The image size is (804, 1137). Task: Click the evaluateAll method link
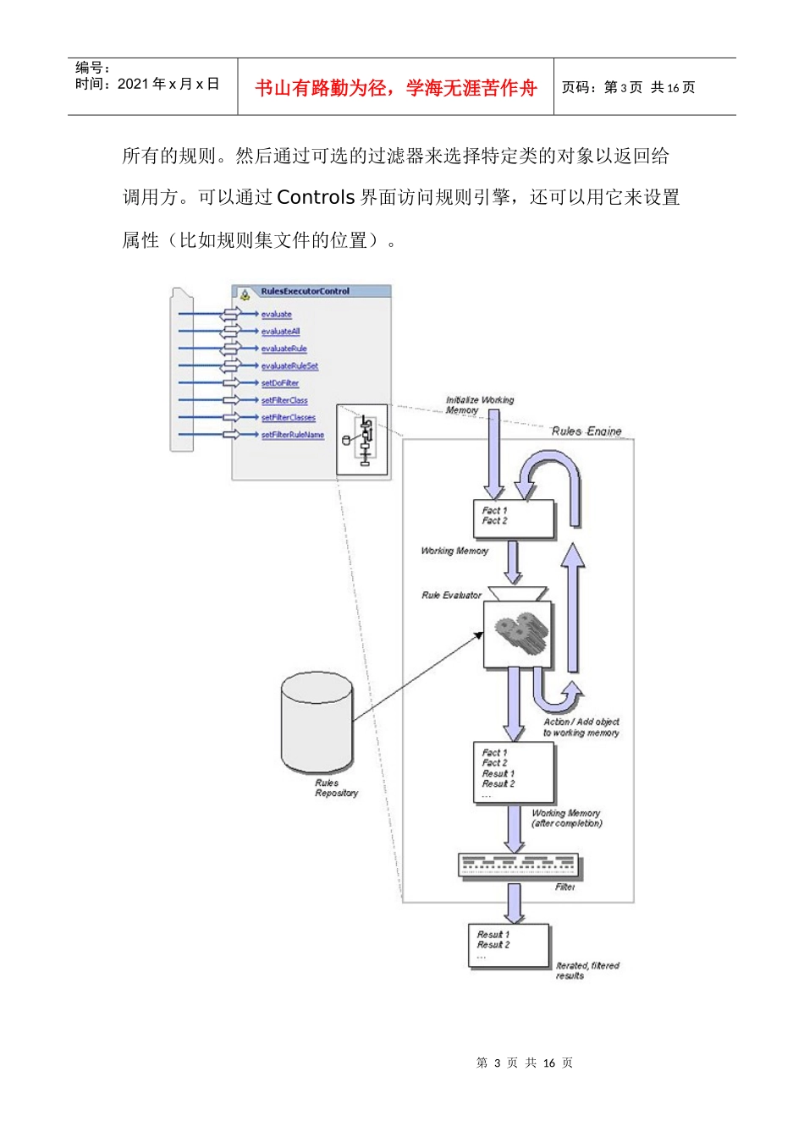tap(280, 332)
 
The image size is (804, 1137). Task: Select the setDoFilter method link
tap(279, 383)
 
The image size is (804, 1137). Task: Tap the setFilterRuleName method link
tap(292, 435)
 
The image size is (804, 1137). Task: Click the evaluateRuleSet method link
tap(289, 366)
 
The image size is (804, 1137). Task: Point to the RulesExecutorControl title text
tap(305, 292)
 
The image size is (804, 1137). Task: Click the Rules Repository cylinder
tap(317, 723)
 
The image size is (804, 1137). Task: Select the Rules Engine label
tap(586, 431)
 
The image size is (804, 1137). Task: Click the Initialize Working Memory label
tap(479, 405)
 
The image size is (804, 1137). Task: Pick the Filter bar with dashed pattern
tap(519, 865)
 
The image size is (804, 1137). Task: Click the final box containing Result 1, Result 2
tap(509, 945)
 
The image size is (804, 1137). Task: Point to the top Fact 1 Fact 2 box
tap(513, 519)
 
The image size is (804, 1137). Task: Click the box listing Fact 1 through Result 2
tap(514, 772)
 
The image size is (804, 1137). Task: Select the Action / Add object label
tap(581, 728)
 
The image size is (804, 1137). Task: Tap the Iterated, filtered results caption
tap(586, 970)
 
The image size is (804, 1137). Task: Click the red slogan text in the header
tap(395, 88)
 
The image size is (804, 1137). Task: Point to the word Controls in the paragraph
tap(316, 198)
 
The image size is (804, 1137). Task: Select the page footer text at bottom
tap(524, 1063)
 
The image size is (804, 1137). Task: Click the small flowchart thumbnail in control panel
tap(363, 439)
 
